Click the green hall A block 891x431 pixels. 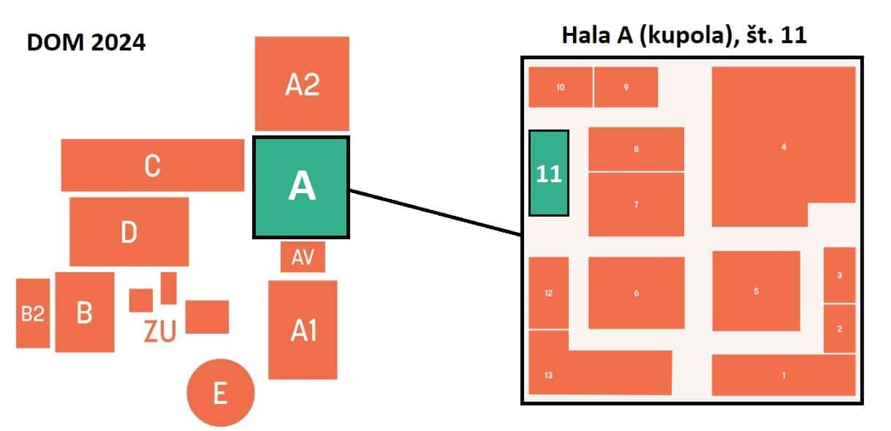(301, 187)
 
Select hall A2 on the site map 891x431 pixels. (301, 84)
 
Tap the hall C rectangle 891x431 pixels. (152, 165)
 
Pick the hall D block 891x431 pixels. (129, 232)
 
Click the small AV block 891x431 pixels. (303, 257)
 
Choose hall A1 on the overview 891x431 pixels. (303, 330)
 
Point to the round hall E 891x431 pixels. (220, 393)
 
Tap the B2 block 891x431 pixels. (33, 314)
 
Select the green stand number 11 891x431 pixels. (549, 173)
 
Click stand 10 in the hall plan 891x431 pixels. (561, 87)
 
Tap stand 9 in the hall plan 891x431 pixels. (626, 87)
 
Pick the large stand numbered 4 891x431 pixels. (783, 146)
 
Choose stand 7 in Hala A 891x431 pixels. (636, 204)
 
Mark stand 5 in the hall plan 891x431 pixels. (756, 291)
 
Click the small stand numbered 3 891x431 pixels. (839, 275)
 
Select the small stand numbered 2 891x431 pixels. (839, 329)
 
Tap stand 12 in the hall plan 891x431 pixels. (548, 293)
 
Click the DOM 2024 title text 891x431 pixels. (86, 42)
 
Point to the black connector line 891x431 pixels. (436, 214)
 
